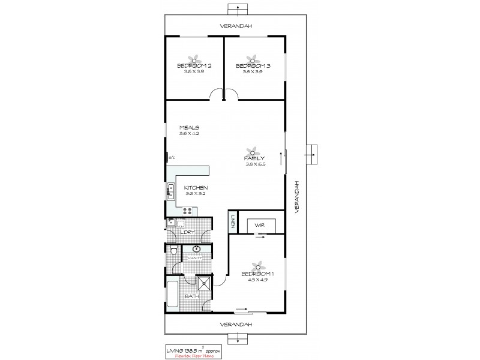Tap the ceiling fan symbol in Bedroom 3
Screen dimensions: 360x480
(x=253, y=58)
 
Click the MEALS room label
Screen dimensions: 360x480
(x=189, y=128)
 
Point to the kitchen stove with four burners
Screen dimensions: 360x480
(x=187, y=210)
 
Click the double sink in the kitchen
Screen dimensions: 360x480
(x=170, y=193)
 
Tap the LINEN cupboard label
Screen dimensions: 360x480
(x=231, y=223)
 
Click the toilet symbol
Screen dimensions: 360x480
(x=173, y=251)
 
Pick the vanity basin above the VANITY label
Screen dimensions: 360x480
(x=197, y=250)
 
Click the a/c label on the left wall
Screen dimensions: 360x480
(x=171, y=158)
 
